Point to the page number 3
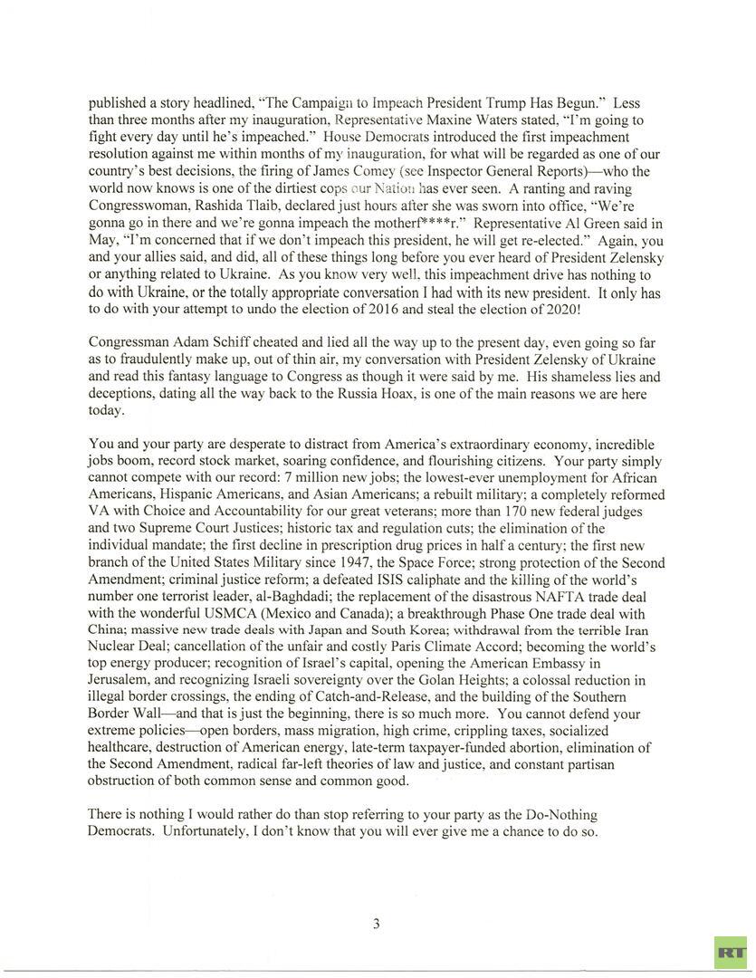coord(376,924)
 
